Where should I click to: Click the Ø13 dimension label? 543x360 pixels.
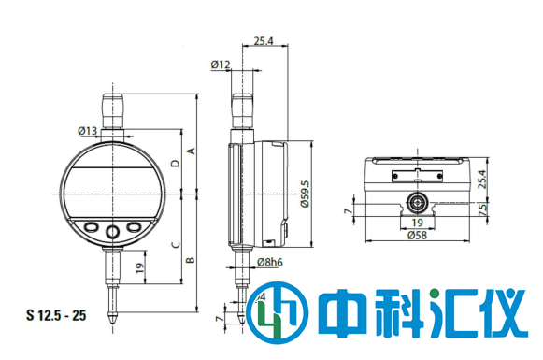click(x=88, y=130)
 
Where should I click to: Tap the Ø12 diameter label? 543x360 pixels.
click(x=221, y=65)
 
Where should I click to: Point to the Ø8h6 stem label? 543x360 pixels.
click(x=269, y=263)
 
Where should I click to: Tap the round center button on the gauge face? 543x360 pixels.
click(x=112, y=229)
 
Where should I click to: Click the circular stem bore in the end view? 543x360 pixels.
click(x=417, y=201)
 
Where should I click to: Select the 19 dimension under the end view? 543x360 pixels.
click(x=417, y=223)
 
